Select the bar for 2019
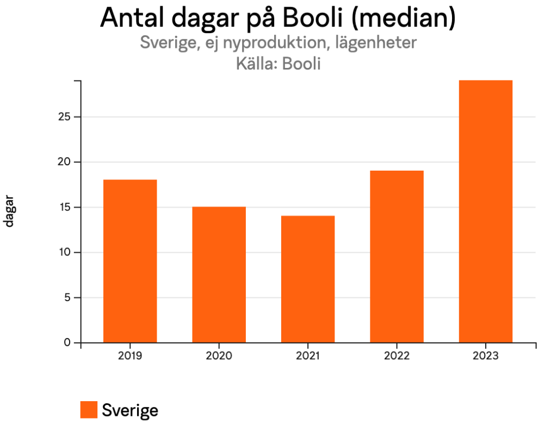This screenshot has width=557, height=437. (x=130, y=261)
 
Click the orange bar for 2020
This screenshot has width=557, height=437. (x=219, y=274)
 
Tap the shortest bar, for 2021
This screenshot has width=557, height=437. (x=308, y=279)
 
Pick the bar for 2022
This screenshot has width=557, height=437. (x=397, y=257)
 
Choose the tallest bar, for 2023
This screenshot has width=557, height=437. (x=485, y=211)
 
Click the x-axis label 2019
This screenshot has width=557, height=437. (x=130, y=357)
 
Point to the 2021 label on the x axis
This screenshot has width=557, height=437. (x=308, y=357)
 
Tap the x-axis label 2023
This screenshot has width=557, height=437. (x=485, y=357)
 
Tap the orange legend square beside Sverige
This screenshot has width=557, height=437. (x=89, y=410)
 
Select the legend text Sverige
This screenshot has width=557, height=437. (x=130, y=410)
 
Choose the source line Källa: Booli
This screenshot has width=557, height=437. (x=278, y=64)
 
